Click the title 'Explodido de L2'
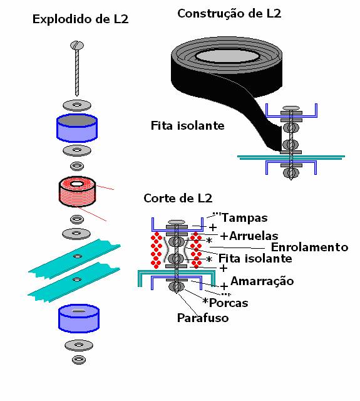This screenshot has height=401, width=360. tap(80, 19)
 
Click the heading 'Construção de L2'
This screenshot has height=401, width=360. tap(229, 13)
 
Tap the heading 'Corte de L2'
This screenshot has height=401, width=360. tap(178, 198)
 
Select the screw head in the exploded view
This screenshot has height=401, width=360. tap(77, 45)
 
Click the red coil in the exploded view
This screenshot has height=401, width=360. tap(78, 191)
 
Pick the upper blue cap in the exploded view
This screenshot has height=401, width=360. tap(77, 128)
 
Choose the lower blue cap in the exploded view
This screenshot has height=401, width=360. tap(79, 318)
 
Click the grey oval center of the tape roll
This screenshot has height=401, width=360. tap(227, 56)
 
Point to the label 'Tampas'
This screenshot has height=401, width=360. tap(245, 218)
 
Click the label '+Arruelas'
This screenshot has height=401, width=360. tap(249, 236)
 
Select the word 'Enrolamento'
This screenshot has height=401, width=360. tap(309, 247)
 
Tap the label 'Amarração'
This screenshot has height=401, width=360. tap(262, 281)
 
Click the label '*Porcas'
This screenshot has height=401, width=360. tap(225, 303)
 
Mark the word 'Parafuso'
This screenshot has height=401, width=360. tap(203, 318)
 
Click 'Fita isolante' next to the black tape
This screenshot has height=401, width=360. tap(188, 125)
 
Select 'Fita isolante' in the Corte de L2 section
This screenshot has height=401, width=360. tap(255, 258)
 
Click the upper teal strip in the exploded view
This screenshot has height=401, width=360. tap(75, 258)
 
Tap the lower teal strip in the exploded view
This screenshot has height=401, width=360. tap(74, 282)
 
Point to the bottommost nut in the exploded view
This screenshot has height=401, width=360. tap(79, 360)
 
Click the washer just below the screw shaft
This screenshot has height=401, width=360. tap(77, 105)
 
